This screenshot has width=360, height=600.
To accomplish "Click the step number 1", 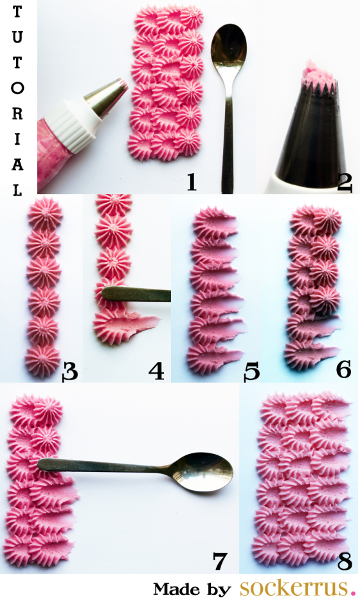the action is click(192, 182).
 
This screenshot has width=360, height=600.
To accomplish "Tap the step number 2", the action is click(345, 183).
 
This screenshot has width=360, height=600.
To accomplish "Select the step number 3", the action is click(70, 371).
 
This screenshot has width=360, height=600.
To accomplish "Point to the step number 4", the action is click(156, 371).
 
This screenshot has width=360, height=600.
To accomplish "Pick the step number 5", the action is click(252, 372).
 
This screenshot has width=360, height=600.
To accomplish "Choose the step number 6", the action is click(343, 370).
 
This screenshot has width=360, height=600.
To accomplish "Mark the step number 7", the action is click(220, 561).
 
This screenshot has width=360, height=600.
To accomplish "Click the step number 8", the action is click(345, 561).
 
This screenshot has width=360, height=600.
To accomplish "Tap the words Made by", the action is click(192, 589).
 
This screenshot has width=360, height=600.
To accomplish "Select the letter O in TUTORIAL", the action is click(17, 88).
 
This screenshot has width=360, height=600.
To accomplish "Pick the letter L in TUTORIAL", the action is click(17, 190).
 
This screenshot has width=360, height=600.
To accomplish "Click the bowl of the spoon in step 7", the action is click(204, 472).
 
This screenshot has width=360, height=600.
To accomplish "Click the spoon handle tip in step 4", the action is click(104, 293).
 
